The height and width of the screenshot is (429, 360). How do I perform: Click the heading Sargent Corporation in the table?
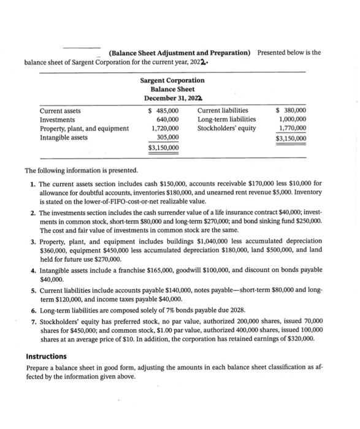click(x=172, y=80)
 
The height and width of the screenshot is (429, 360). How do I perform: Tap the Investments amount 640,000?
click(x=167, y=120)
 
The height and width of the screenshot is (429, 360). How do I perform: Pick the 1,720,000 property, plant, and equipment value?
click(x=165, y=129)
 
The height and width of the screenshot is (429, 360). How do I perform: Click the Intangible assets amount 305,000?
click(x=167, y=137)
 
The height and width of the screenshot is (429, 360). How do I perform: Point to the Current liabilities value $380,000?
click(x=292, y=111)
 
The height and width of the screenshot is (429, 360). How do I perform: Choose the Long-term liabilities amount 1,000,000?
click(x=293, y=120)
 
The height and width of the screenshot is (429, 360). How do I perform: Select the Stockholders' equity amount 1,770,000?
click(x=293, y=129)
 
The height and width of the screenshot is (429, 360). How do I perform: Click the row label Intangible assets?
click(x=63, y=137)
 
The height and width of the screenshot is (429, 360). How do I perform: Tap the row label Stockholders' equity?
click(x=226, y=129)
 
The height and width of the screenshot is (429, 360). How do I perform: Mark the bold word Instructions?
click(x=46, y=356)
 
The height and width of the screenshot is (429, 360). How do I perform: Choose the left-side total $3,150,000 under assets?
click(x=164, y=148)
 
